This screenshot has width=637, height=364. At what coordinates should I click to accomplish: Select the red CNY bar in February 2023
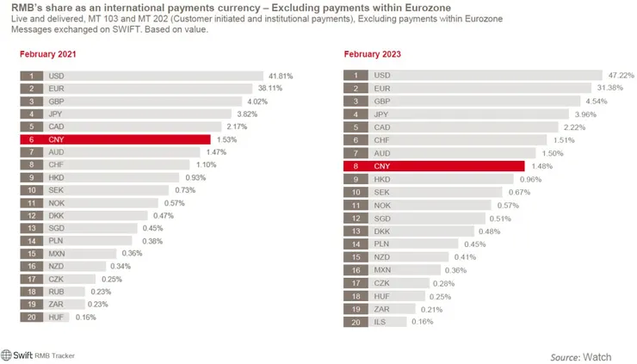(448, 165)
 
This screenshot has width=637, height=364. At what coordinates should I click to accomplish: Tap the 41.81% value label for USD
(281, 76)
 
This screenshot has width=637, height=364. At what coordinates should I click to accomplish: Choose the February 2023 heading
(372, 54)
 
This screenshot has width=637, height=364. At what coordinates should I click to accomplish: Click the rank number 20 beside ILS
(355, 322)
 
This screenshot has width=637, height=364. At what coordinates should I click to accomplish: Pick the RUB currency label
(57, 291)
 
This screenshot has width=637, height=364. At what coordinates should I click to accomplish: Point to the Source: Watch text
(581, 355)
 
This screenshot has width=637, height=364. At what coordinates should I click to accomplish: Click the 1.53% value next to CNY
(226, 139)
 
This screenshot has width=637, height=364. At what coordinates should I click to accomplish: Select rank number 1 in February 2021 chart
(31, 76)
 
